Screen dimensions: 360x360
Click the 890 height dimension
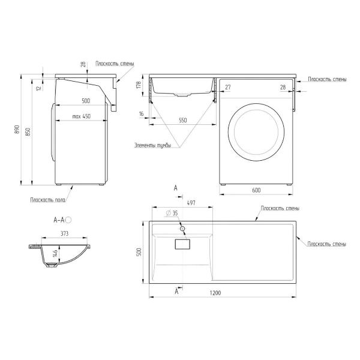17,130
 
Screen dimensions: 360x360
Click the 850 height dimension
28,132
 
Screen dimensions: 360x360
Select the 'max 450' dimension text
81,116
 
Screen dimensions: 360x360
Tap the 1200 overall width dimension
215,293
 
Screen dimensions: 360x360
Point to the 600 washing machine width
256,190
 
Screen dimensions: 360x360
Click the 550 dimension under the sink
183,120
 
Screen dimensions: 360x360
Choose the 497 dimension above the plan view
191,203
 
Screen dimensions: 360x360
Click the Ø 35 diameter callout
172,213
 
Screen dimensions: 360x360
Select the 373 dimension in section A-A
65,233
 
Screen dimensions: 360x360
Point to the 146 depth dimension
55,253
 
